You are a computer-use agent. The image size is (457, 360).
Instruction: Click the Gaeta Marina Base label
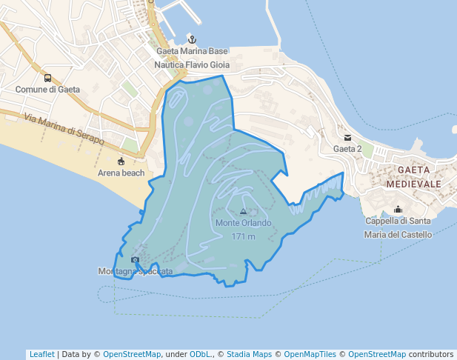[192, 52]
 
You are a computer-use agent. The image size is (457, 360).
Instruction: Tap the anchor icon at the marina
[192, 39]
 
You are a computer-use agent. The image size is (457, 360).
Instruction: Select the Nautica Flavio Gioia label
[192, 65]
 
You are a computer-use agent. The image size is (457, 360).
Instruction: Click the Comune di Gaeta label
[47, 90]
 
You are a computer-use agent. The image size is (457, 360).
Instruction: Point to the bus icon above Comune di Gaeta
[47, 78]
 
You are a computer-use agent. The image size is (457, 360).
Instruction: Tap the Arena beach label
[121, 173]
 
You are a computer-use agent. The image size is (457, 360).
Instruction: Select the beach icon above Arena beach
[121, 161]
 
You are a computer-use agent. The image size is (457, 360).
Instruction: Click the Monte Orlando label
[243, 223]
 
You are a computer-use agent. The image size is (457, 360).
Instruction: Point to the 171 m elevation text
[243, 237]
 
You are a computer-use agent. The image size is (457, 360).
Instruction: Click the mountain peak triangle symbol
[243, 212]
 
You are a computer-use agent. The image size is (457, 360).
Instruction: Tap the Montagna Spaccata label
[136, 272]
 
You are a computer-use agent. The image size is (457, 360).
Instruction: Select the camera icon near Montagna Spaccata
[135, 259]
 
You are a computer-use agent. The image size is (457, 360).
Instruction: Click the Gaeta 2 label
[347, 149]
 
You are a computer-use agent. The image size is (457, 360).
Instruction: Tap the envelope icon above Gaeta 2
[347, 137]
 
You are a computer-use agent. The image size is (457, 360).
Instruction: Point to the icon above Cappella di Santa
[398, 209]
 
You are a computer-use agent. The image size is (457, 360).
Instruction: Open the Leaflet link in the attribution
[41, 354]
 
